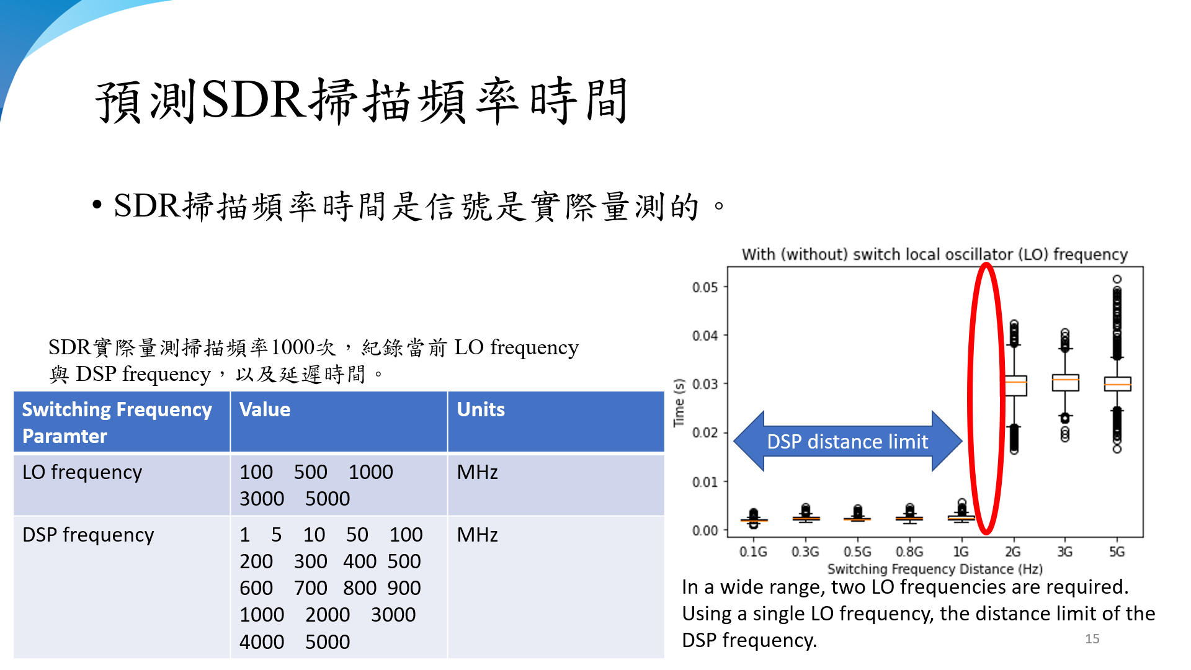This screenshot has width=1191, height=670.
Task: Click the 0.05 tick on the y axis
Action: (705, 287)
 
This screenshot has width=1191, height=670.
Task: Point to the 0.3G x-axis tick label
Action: (805, 552)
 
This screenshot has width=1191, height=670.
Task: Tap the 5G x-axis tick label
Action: (1117, 552)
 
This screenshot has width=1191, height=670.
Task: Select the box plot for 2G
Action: (1014, 386)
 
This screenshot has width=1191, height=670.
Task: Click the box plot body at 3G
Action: (1065, 382)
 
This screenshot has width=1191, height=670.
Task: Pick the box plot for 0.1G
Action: (754, 519)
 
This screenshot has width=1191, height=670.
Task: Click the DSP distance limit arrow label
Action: (847, 442)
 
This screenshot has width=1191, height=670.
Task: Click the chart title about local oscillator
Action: (935, 254)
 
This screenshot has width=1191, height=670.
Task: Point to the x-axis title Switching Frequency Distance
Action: (935, 569)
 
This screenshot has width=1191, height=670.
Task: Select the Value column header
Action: (265, 409)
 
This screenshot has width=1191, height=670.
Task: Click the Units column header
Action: (481, 409)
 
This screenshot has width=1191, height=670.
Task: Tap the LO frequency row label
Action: (82, 473)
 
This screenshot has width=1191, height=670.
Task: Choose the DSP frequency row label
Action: (88, 535)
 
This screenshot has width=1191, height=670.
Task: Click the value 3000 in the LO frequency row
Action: (262, 499)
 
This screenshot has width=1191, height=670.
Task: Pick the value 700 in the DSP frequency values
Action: (310, 588)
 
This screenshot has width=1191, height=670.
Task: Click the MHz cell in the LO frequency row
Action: (477, 472)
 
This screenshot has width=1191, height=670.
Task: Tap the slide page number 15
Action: (1092, 639)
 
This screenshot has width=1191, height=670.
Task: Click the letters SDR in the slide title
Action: (253, 99)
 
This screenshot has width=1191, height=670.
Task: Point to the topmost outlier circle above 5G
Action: (1117, 279)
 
